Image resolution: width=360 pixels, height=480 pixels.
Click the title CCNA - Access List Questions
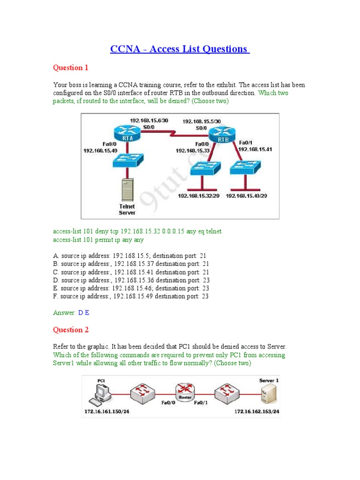click(x=180, y=49)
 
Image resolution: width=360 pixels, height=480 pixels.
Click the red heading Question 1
click(x=70, y=67)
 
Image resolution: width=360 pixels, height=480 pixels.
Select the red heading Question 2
click(x=70, y=330)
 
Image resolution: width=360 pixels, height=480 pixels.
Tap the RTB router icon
click(x=221, y=135)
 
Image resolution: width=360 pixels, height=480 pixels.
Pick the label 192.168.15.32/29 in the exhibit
click(x=198, y=196)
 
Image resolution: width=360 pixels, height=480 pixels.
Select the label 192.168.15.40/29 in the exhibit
click(x=246, y=196)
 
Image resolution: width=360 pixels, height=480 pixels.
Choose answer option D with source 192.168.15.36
click(x=131, y=280)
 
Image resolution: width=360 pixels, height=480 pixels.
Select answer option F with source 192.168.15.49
click(x=131, y=296)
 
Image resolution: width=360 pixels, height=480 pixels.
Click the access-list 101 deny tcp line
click(x=137, y=231)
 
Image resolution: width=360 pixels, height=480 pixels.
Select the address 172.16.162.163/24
click(x=257, y=412)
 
